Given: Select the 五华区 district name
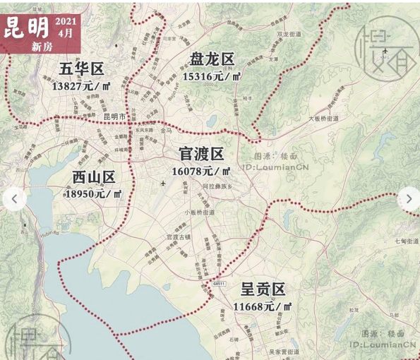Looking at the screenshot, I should click(81, 69).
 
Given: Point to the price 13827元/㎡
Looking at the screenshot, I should click(80, 85).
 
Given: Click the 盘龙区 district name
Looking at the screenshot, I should click(212, 59).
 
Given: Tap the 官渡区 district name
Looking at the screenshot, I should click(201, 154).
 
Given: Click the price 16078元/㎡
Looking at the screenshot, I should click(200, 171).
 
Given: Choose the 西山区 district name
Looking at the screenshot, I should click(93, 176).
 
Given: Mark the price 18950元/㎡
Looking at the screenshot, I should click(93, 193).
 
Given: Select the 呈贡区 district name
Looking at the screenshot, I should click(263, 289).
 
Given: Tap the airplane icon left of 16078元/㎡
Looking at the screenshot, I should click(163, 184).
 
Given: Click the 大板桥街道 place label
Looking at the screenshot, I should click(323, 119).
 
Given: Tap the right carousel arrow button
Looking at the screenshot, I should click(409, 198).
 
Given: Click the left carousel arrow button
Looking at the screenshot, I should click(15, 198).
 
